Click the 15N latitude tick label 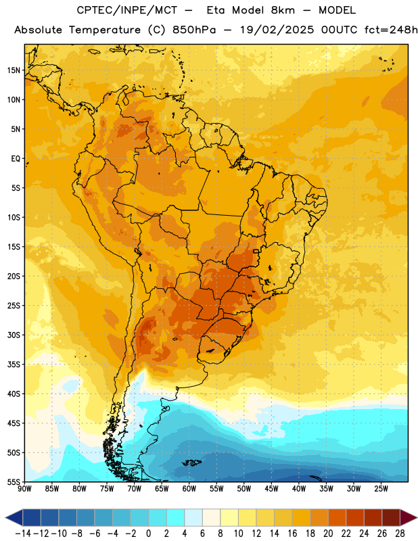[x=14, y=70]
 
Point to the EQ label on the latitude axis [x=16, y=159]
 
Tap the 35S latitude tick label [x=14, y=364]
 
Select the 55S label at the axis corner [x=14, y=481]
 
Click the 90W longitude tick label [x=24, y=489]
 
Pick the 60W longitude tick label [x=189, y=489]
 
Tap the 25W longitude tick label [x=381, y=489]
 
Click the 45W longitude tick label [x=272, y=489]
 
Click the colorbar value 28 [x=400, y=534]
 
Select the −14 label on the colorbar [x=23, y=534]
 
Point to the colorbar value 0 [x=149, y=534]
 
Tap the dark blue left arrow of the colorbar [x=14, y=517]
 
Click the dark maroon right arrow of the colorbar [x=409, y=517]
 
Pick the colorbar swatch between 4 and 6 [x=193, y=517]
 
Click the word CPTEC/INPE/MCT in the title [x=127, y=10]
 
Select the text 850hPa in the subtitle [x=194, y=30]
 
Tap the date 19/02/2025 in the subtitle [x=277, y=30]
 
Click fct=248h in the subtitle [x=391, y=30]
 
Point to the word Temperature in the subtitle [x=105, y=30]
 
